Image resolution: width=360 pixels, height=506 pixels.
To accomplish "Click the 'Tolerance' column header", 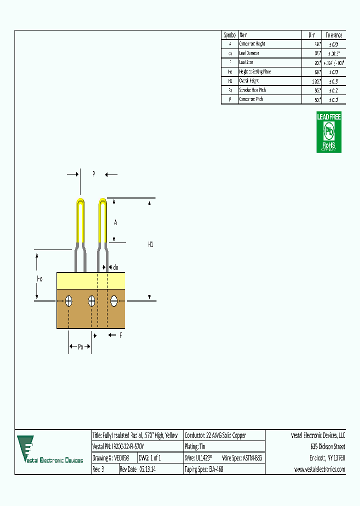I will (333, 35).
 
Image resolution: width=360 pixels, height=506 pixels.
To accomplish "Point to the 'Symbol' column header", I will (230, 35).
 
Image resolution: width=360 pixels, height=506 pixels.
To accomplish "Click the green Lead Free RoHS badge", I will (329, 132).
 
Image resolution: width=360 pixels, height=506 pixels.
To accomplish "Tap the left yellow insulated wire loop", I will (80, 220).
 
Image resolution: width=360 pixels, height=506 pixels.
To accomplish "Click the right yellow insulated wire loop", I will (102, 220).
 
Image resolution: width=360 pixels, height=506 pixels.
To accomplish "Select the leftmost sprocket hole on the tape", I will (69, 301).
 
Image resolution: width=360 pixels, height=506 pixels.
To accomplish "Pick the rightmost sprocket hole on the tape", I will (114, 301).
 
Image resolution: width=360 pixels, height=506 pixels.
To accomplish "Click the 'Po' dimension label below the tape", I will (80, 346).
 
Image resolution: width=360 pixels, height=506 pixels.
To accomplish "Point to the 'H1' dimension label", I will (150, 244).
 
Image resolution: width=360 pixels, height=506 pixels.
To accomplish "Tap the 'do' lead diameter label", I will (115, 267).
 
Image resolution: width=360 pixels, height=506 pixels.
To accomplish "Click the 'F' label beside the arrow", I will (120, 335).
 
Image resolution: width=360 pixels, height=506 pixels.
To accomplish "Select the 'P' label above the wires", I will (93, 174).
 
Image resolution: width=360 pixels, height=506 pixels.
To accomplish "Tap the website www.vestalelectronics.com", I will (319, 469).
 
